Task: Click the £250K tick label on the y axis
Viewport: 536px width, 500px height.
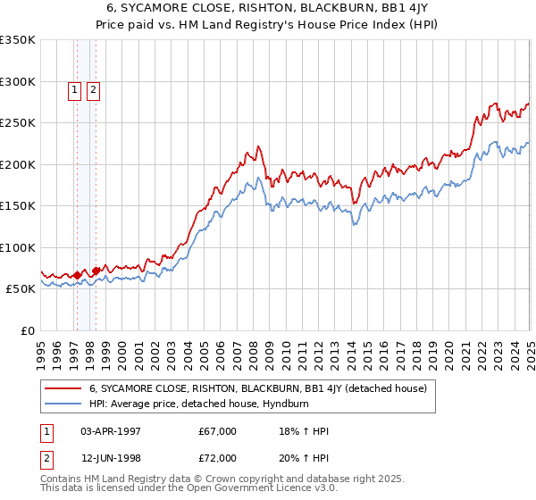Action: coord(17,123)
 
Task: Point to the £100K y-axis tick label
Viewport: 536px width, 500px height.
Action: coord(17,247)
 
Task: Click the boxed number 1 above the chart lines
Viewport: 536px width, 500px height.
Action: coord(74,89)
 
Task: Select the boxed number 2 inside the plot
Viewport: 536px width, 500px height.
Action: coord(93,89)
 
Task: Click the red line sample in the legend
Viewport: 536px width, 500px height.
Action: coord(63,388)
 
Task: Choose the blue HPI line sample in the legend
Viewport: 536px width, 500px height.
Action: coord(63,403)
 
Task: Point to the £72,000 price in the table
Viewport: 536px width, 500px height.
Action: coord(218,459)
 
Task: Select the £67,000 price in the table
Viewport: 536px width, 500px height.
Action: coord(218,431)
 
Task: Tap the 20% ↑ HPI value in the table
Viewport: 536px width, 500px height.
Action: coord(304,459)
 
